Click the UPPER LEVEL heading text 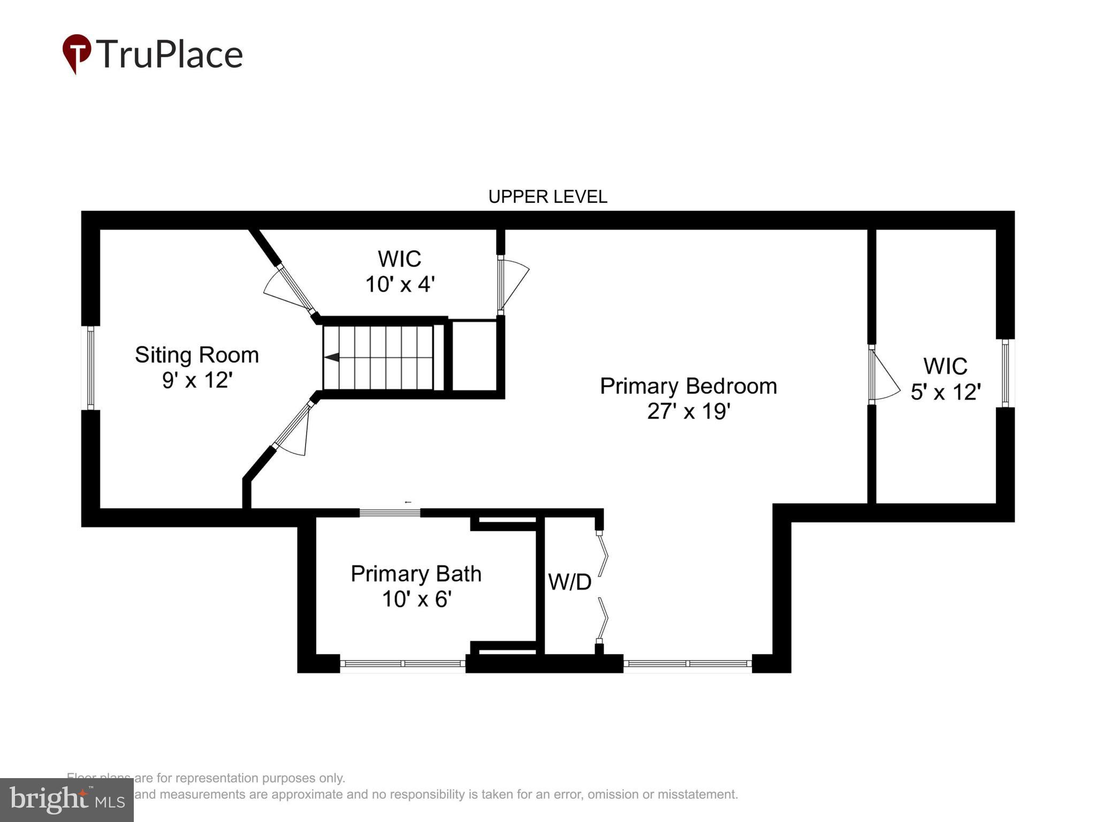547,197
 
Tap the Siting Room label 196,355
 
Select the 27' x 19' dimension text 688,412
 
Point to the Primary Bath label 416,574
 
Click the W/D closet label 569,582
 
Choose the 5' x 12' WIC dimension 945,392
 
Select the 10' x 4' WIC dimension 399,284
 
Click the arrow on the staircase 332,357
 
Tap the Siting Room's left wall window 90,368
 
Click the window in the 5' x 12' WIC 1005,373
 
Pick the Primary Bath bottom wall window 402,664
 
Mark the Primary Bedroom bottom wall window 688,664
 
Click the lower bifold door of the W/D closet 603,619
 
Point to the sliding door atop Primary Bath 390,513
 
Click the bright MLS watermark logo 67,800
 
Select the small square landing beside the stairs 474,356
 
